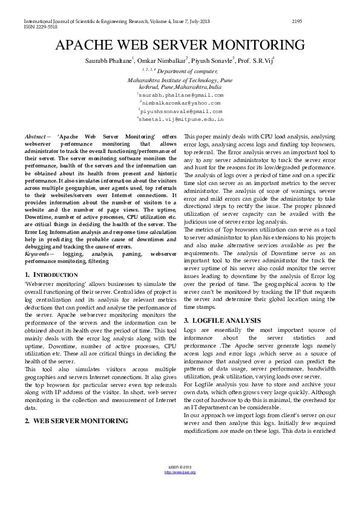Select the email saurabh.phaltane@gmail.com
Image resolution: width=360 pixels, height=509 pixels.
click(181, 96)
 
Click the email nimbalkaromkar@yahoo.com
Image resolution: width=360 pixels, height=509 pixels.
click(180, 103)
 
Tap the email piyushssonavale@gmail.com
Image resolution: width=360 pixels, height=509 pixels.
click(181, 112)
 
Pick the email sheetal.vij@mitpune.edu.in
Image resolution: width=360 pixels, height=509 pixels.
click(181, 120)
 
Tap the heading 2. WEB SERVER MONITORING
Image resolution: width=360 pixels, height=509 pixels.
click(76, 420)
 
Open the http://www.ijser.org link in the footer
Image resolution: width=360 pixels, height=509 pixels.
click(180, 472)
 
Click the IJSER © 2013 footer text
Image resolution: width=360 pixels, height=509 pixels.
click(180, 468)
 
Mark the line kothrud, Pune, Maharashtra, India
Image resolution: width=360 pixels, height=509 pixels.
click(180, 87)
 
